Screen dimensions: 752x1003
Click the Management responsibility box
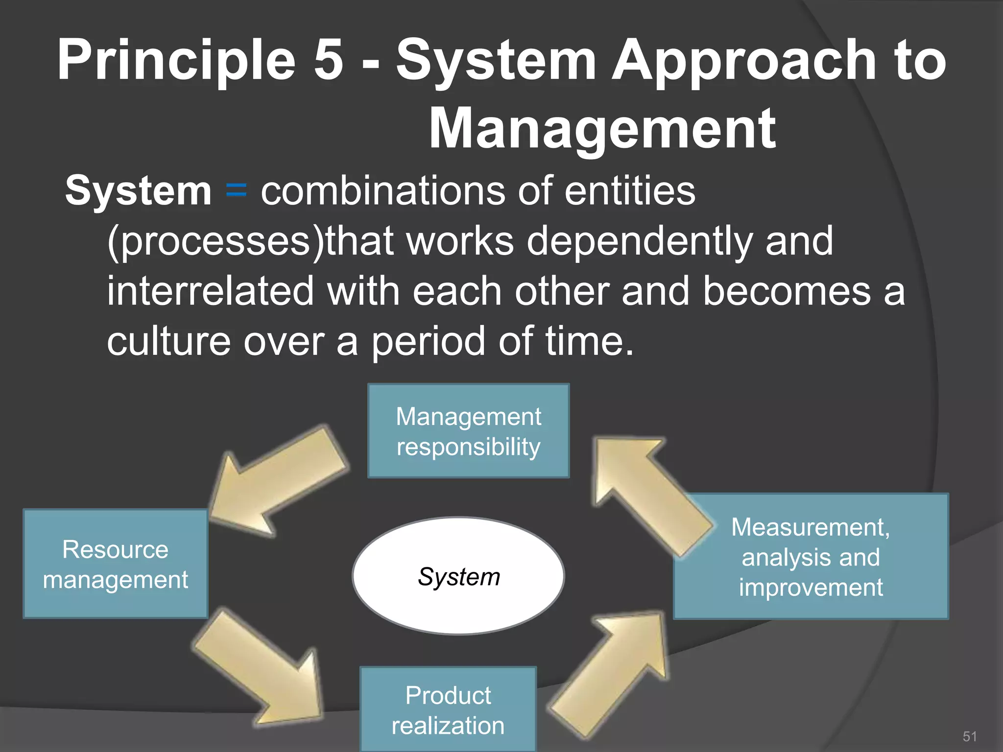[468, 431]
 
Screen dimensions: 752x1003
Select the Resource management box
[116, 564]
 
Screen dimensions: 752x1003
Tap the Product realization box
[448, 710]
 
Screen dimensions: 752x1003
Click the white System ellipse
[458, 576]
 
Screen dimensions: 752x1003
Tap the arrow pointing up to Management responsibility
[646, 494]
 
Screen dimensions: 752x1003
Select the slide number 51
[970, 736]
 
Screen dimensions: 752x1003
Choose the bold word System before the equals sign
[138, 191]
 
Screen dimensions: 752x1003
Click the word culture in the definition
[168, 341]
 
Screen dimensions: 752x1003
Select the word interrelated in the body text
[210, 291]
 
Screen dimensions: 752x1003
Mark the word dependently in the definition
[639, 241]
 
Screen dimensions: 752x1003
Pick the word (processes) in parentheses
[215, 241]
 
